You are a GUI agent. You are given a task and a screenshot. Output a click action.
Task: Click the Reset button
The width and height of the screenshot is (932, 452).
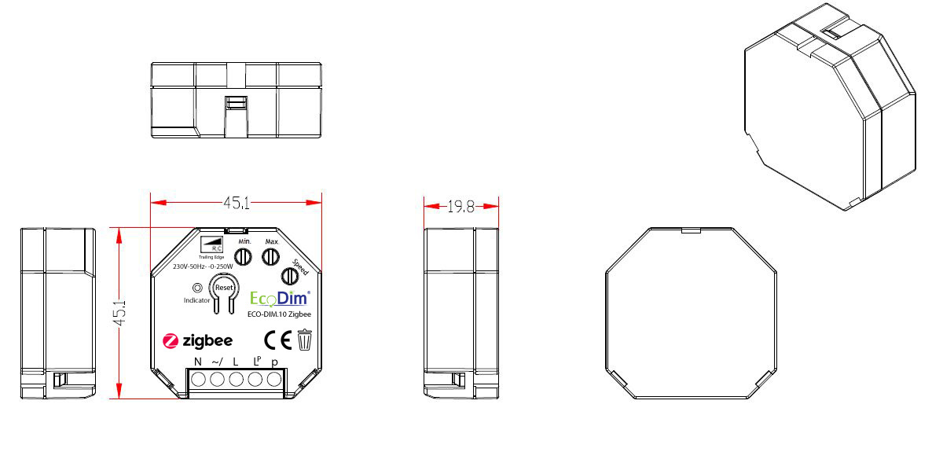pyautogui.click(x=224, y=288)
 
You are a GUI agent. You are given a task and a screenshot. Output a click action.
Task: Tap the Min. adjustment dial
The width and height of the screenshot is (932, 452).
pyautogui.click(x=244, y=255)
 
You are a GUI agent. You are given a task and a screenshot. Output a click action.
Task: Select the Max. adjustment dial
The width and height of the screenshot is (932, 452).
pyautogui.click(x=271, y=255)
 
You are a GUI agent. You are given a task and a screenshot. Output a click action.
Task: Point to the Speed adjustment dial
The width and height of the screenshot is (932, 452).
pyautogui.click(x=292, y=275)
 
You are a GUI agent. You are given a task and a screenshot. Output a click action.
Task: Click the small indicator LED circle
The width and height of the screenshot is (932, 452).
pyautogui.click(x=186, y=288)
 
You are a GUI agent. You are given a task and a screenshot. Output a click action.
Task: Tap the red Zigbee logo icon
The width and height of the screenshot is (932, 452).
pyautogui.click(x=171, y=341)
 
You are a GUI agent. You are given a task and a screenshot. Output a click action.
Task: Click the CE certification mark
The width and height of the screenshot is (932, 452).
pyautogui.click(x=278, y=340)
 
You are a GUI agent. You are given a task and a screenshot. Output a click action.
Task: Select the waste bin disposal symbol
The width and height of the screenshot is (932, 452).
pyautogui.click(x=305, y=340)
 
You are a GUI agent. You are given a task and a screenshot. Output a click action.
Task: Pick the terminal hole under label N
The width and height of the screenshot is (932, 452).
pyautogui.click(x=198, y=380)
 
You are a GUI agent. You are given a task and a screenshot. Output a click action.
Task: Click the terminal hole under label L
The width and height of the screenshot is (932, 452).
pyautogui.click(x=236, y=380)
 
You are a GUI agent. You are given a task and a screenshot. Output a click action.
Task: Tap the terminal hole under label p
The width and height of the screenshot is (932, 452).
pyautogui.click(x=274, y=380)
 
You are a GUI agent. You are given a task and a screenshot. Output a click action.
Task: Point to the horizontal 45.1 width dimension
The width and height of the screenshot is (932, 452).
pyautogui.click(x=236, y=203)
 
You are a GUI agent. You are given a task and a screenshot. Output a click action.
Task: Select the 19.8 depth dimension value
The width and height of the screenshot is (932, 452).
pyautogui.click(x=460, y=207)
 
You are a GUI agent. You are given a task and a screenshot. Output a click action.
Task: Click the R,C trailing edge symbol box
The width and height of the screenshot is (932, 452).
pyautogui.click(x=211, y=244)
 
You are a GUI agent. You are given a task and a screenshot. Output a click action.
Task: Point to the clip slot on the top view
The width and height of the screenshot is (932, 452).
pyautogui.click(x=235, y=103)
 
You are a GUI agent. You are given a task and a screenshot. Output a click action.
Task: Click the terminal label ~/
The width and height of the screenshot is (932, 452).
pyautogui.click(x=217, y=362)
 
